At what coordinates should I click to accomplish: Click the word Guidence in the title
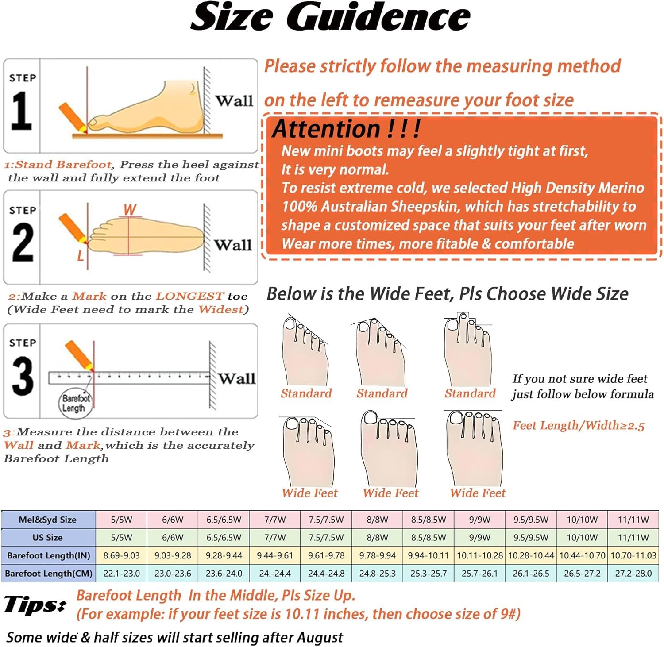point(378,17)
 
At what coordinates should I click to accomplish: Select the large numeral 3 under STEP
point(22,376)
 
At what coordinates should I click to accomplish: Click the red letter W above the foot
point(130,209)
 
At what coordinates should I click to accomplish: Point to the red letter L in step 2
point(80,256)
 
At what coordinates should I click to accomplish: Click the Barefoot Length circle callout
point(76,403)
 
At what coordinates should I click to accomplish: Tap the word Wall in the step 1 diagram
point(234,101)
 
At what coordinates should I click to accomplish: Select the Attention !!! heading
point(346,129)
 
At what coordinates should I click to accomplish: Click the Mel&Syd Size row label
point(48,520)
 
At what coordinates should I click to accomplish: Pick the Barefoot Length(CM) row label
point(49,574)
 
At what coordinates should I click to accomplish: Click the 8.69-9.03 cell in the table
point(121,555)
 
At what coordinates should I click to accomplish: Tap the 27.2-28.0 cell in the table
point(633,574)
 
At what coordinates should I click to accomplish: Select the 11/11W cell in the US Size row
point(633,538)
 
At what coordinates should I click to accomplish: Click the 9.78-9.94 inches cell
point(377,555)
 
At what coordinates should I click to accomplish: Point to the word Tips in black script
point(35,604)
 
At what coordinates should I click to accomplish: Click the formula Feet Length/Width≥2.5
point(578,426)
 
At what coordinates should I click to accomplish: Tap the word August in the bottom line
point(320,637)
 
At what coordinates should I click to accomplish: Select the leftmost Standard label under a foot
point(306,393)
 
